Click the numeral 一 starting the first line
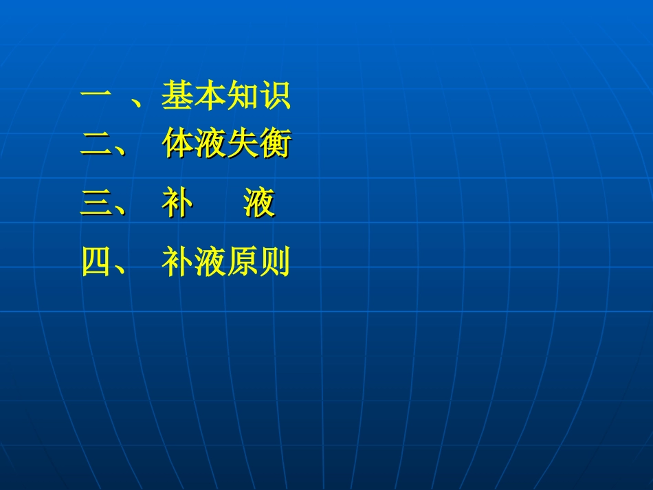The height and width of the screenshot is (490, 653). [97, 96]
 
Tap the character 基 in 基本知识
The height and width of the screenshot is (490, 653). [177, 96]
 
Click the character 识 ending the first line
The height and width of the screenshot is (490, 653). [274, 96]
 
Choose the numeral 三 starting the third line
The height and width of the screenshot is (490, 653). [97, 204]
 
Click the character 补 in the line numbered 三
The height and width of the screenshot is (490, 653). [177, 203]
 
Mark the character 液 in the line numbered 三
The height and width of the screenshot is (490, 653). [259, 203]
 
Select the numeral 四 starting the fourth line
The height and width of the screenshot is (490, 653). [97, 262]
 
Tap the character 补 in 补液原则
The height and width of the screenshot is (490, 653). [177, 262]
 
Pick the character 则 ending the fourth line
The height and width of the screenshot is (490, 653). [274, 262]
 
